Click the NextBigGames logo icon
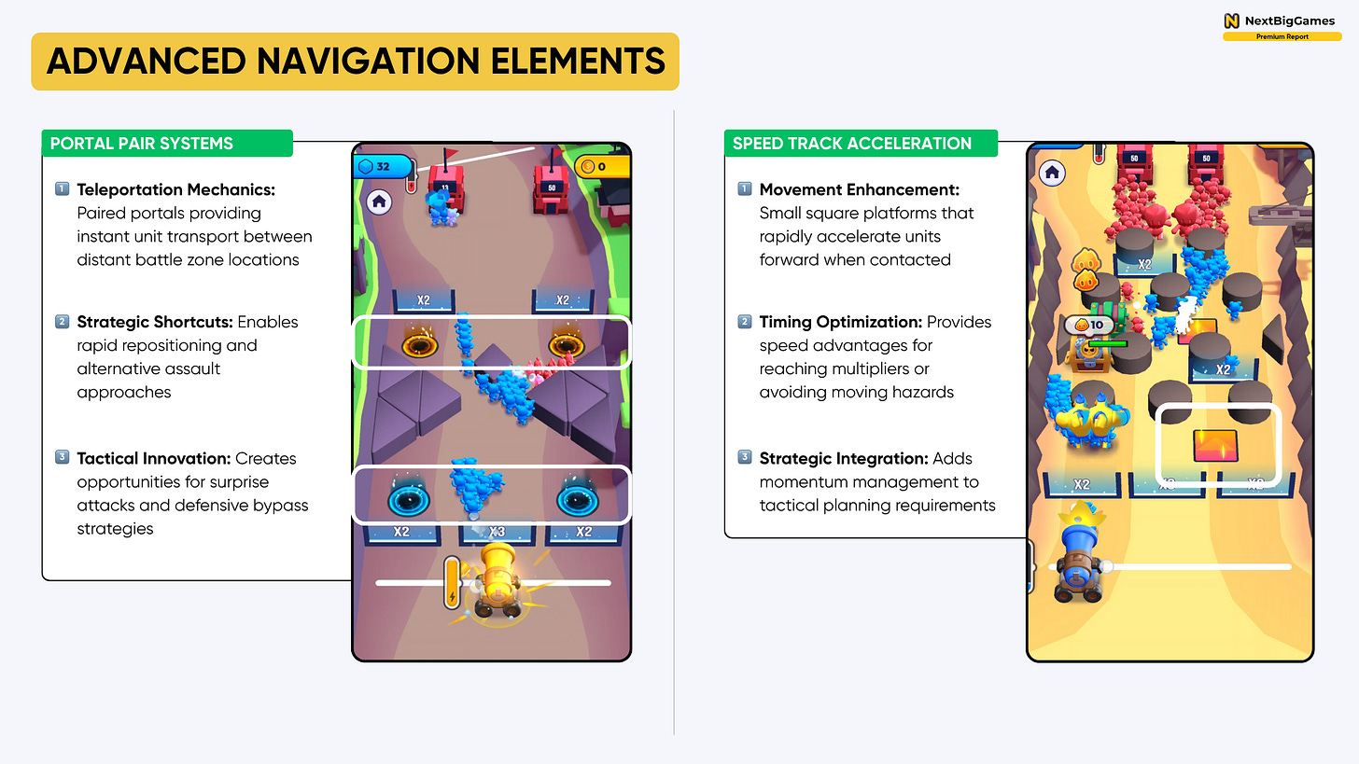1231,21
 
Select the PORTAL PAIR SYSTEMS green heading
142,144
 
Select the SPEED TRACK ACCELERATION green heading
851,144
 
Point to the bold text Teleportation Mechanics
175,189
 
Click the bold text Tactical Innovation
154,458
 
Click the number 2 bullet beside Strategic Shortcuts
63,322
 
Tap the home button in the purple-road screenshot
379,200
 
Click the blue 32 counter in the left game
383,167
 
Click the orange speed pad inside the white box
1214,446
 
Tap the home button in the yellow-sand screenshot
1052,172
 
